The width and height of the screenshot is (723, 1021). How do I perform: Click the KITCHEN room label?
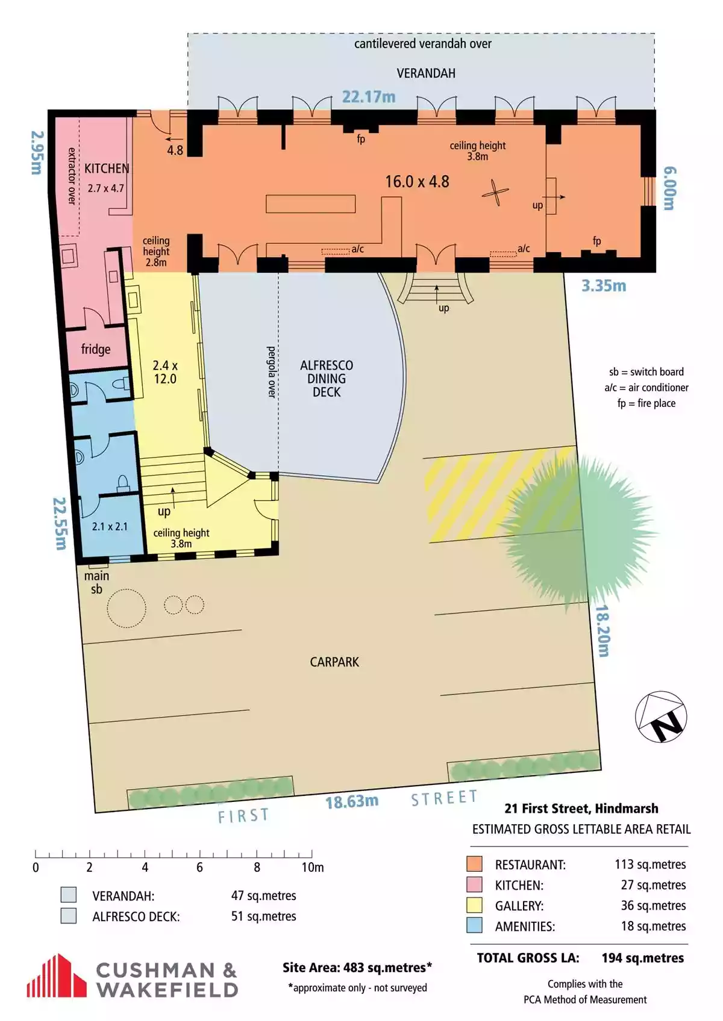point(107,169)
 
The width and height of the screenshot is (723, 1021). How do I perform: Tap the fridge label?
point(96,349)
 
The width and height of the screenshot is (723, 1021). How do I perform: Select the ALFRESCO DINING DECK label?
point(327,378)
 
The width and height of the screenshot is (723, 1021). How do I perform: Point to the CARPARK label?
point(334,662)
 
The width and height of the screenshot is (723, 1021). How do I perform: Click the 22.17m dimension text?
point(369,97)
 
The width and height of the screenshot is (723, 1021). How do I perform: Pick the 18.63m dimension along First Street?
point(352,801)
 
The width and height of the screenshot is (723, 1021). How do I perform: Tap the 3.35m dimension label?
point(604,286)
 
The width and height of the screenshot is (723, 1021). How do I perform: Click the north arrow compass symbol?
point(661,716)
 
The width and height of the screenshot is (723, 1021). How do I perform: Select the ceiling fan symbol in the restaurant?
point(495,193)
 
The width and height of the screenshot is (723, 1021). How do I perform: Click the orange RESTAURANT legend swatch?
point(474,864)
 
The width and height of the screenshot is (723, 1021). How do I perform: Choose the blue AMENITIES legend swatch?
point(474,925)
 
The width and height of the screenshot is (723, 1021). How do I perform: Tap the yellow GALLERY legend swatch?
point(474,905)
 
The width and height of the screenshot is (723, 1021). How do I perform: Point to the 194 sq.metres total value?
point(643,958)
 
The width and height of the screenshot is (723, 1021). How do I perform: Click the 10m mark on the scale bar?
point(313,867)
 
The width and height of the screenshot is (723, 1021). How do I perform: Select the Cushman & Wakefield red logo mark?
point(57,975)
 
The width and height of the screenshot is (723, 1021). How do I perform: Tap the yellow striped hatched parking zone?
point(501,494)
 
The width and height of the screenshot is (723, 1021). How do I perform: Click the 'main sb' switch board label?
point(96,583)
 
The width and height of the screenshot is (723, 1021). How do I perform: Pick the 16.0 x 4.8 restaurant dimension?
point(417,181)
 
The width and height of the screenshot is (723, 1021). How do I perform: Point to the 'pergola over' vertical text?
point(271,372)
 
